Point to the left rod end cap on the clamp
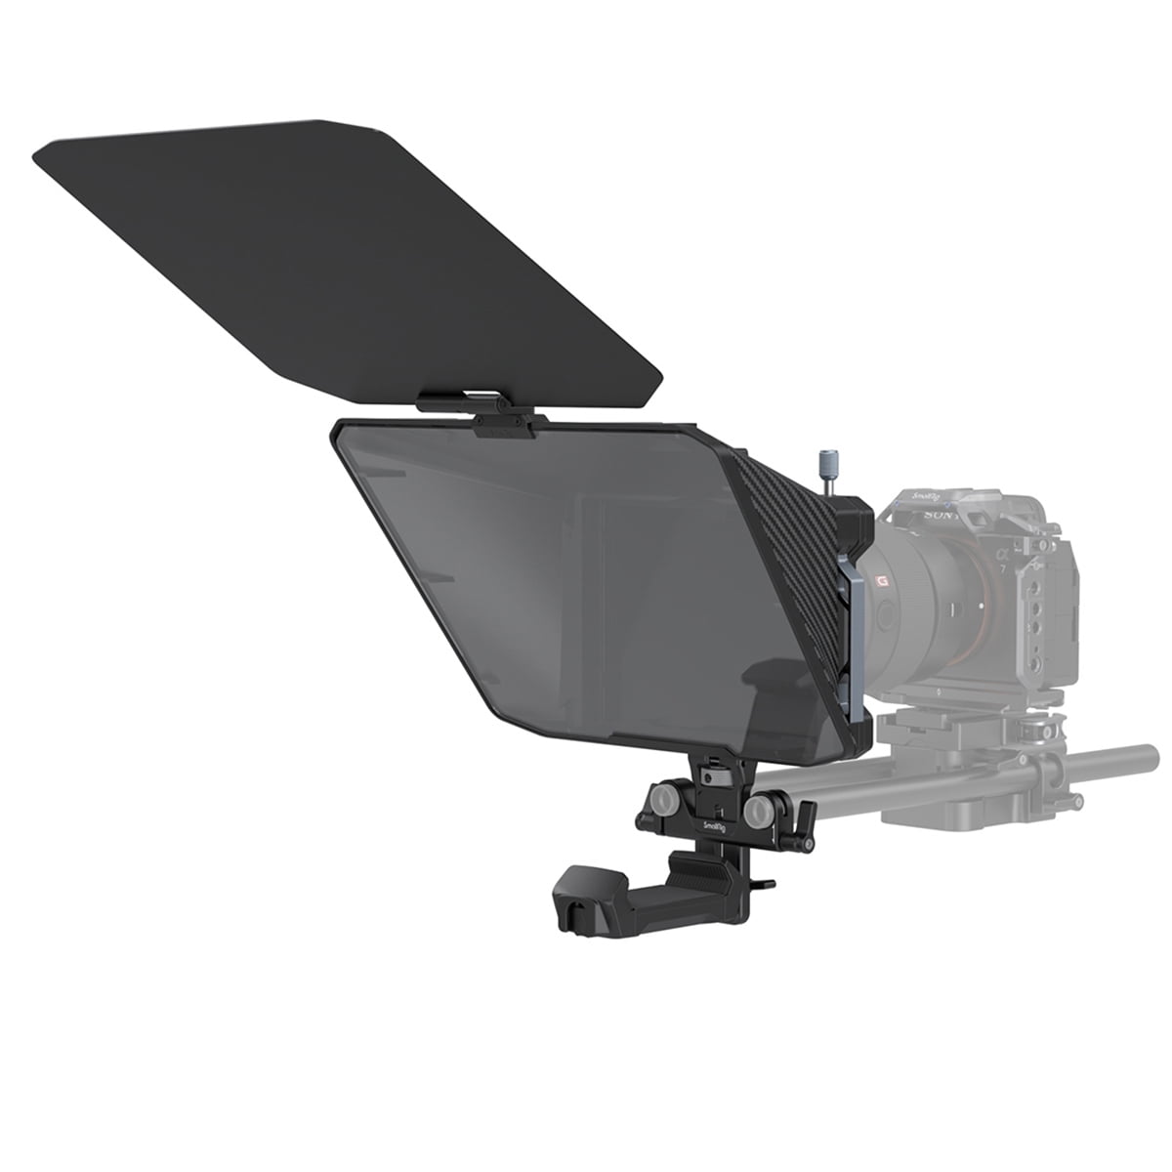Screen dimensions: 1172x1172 click(x=665, y=801)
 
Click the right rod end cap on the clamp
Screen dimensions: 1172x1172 click(x=757, y=813)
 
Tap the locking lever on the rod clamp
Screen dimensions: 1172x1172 click(x=807, y=820)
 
